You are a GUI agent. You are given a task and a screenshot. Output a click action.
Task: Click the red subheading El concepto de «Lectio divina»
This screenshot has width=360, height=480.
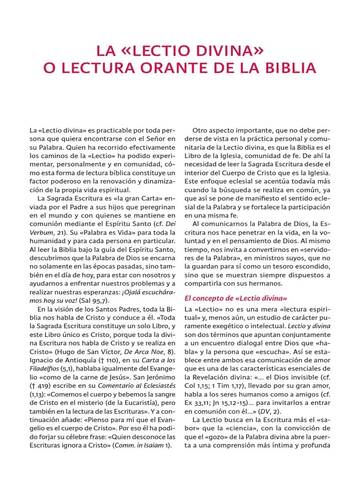pyautogui.click(x=236, y=298)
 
